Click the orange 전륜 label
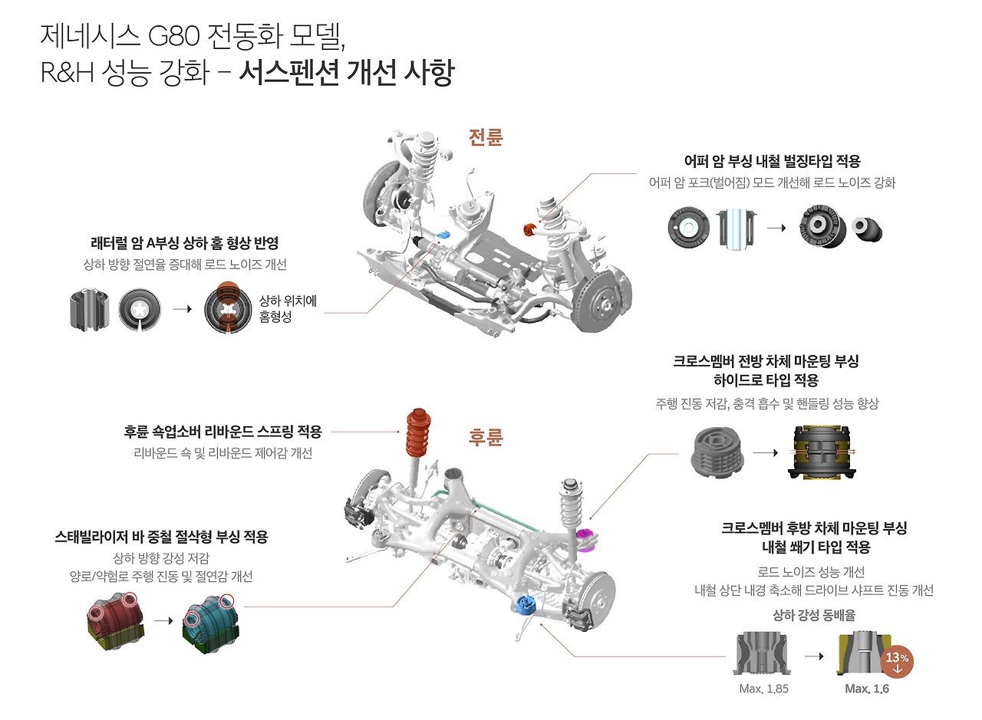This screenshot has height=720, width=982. [486, 137]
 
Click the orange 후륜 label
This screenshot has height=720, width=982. [486, 437]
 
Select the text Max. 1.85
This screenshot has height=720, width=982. [763, 689]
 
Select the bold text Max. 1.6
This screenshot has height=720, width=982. [867, 689]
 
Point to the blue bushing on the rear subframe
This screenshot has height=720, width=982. [526, 606]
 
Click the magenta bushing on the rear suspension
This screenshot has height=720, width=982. [585, 538]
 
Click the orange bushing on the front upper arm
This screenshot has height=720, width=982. [528, 228]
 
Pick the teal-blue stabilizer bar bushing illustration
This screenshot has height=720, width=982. [209, 622]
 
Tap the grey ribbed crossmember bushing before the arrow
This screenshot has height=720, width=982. [718, 452]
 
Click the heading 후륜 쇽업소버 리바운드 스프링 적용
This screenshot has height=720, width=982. [223, 432]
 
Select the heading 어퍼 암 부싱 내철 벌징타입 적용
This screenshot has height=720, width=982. [773, 161]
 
